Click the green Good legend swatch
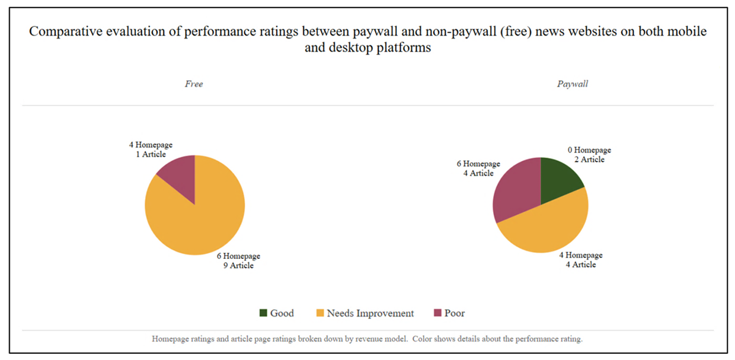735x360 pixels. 263,313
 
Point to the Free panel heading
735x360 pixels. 194,84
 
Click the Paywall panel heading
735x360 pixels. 572,84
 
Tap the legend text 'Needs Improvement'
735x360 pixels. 370,313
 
